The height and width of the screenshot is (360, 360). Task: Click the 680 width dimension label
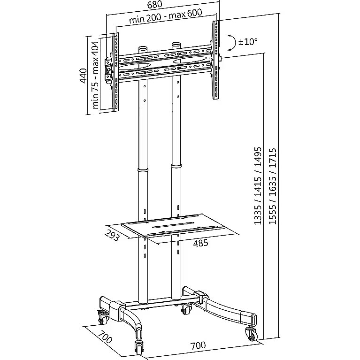coord(155,4)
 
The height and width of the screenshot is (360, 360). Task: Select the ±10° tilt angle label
coord(248,42)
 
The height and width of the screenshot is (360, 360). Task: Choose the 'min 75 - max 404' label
coord(95,75)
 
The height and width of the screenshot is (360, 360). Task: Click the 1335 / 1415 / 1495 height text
coord(258,186)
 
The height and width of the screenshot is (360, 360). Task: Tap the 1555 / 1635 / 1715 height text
coord(273,186)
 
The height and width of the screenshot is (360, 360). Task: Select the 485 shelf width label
coord(200,243)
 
